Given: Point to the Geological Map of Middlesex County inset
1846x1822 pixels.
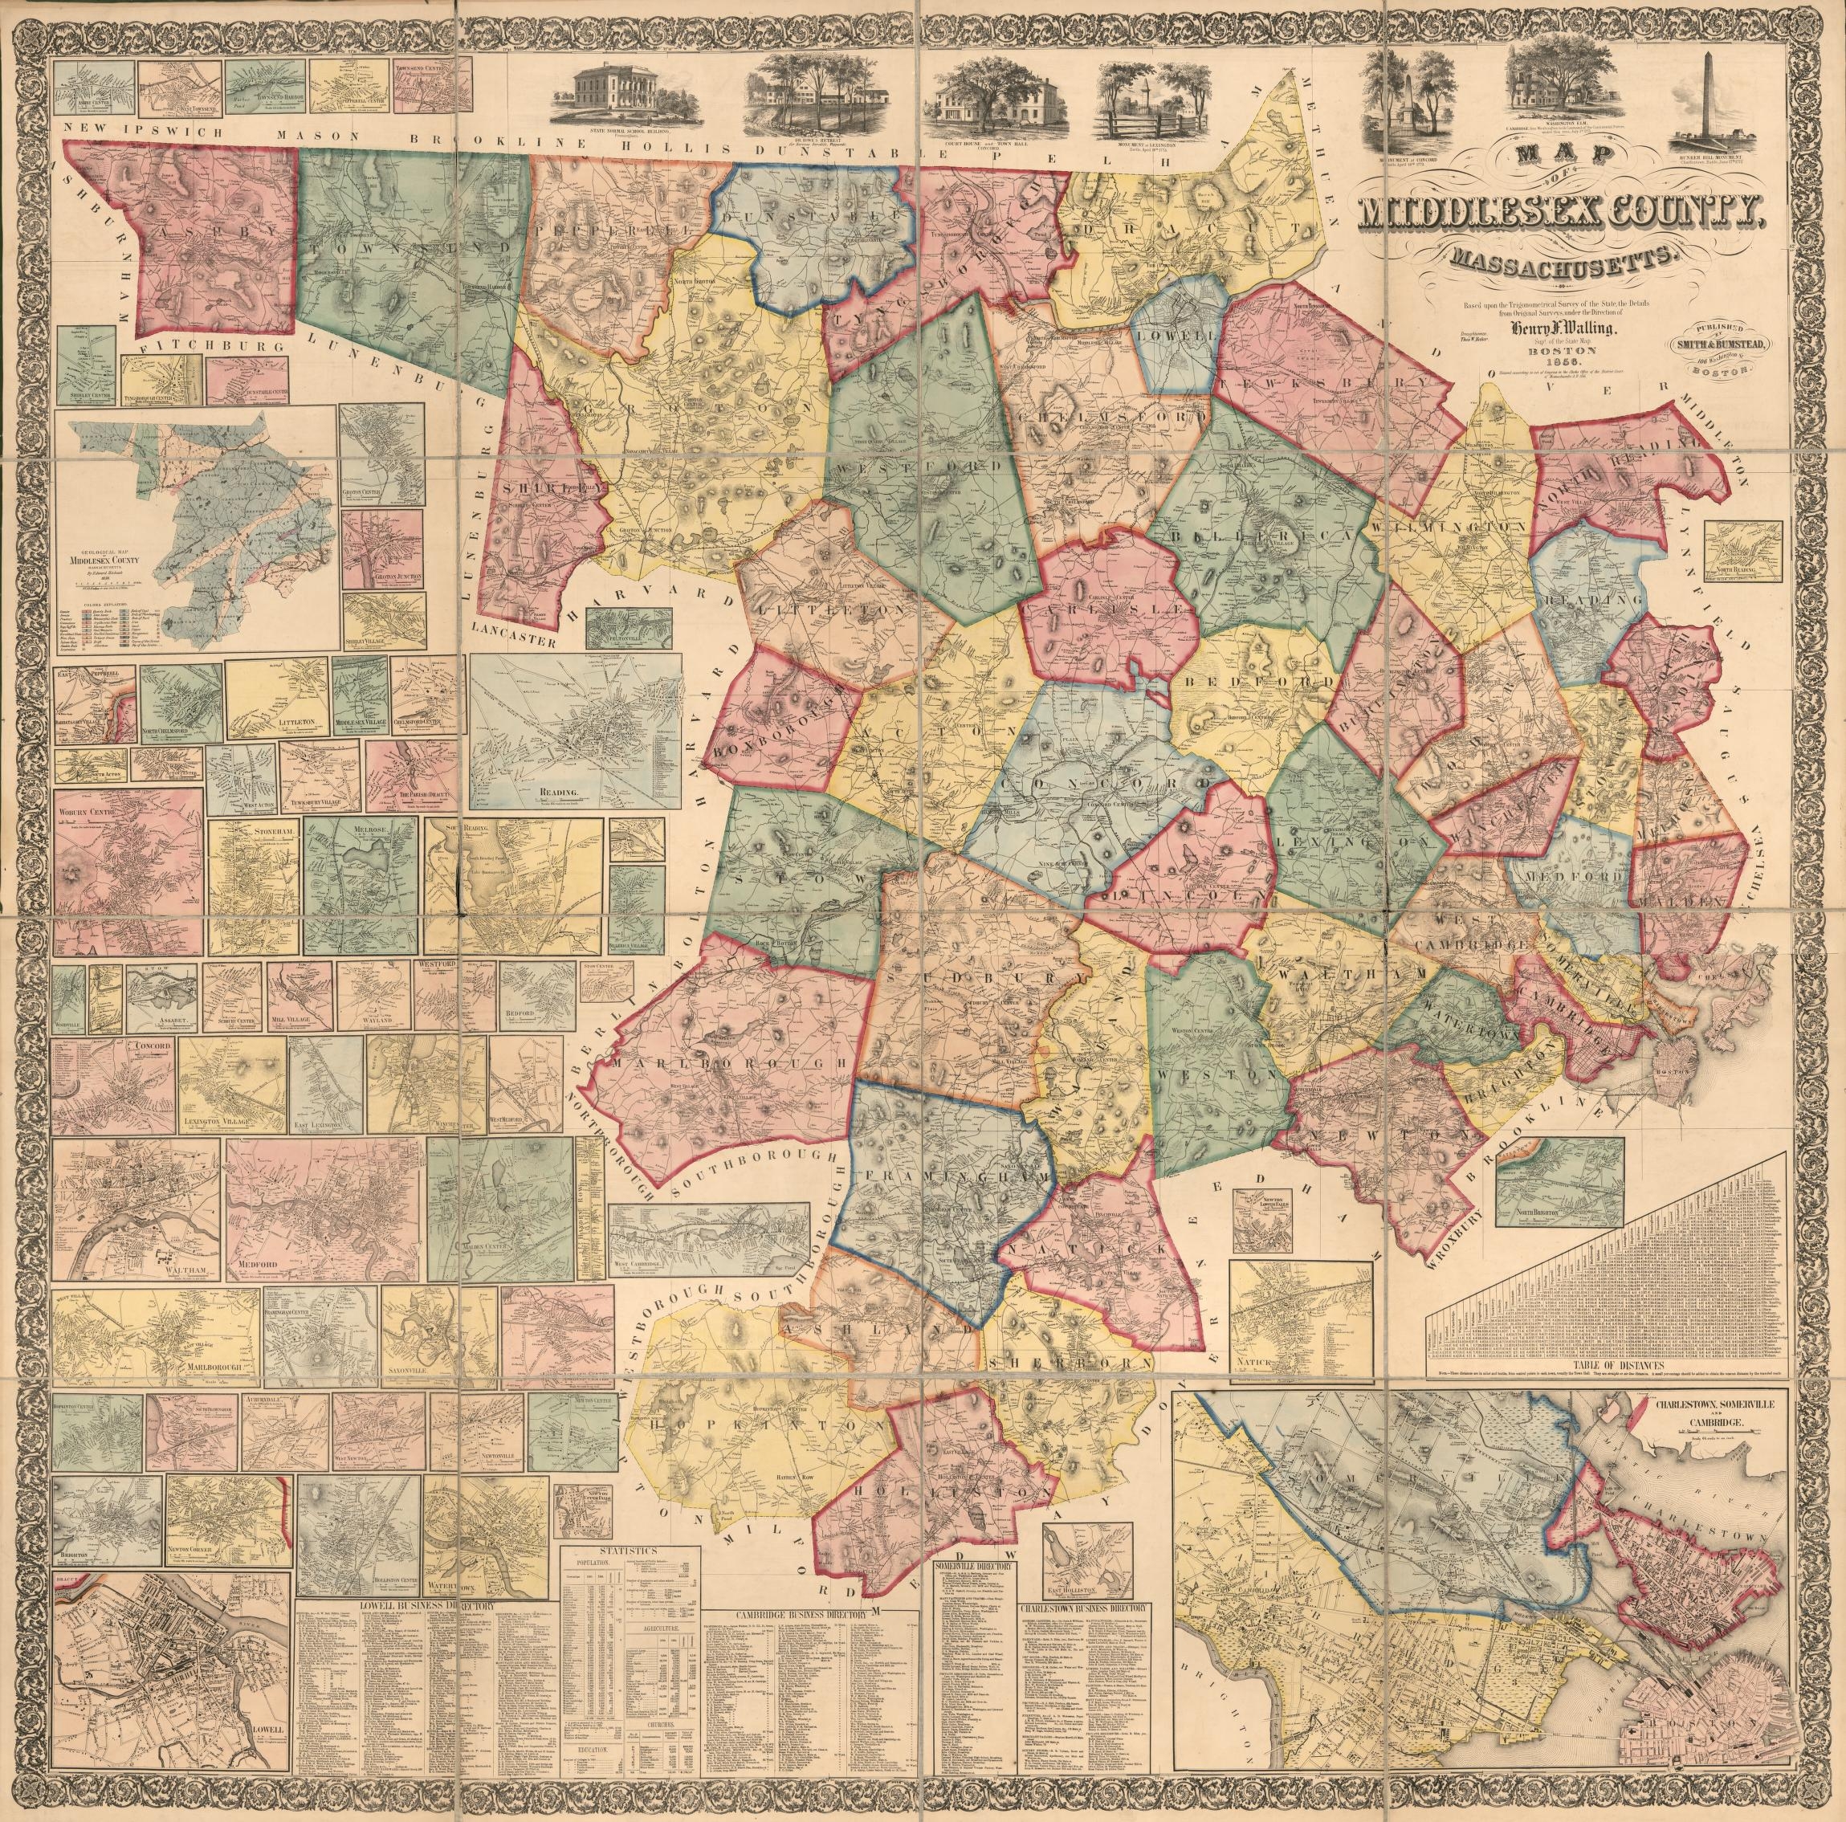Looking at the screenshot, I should tap(196, 524).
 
